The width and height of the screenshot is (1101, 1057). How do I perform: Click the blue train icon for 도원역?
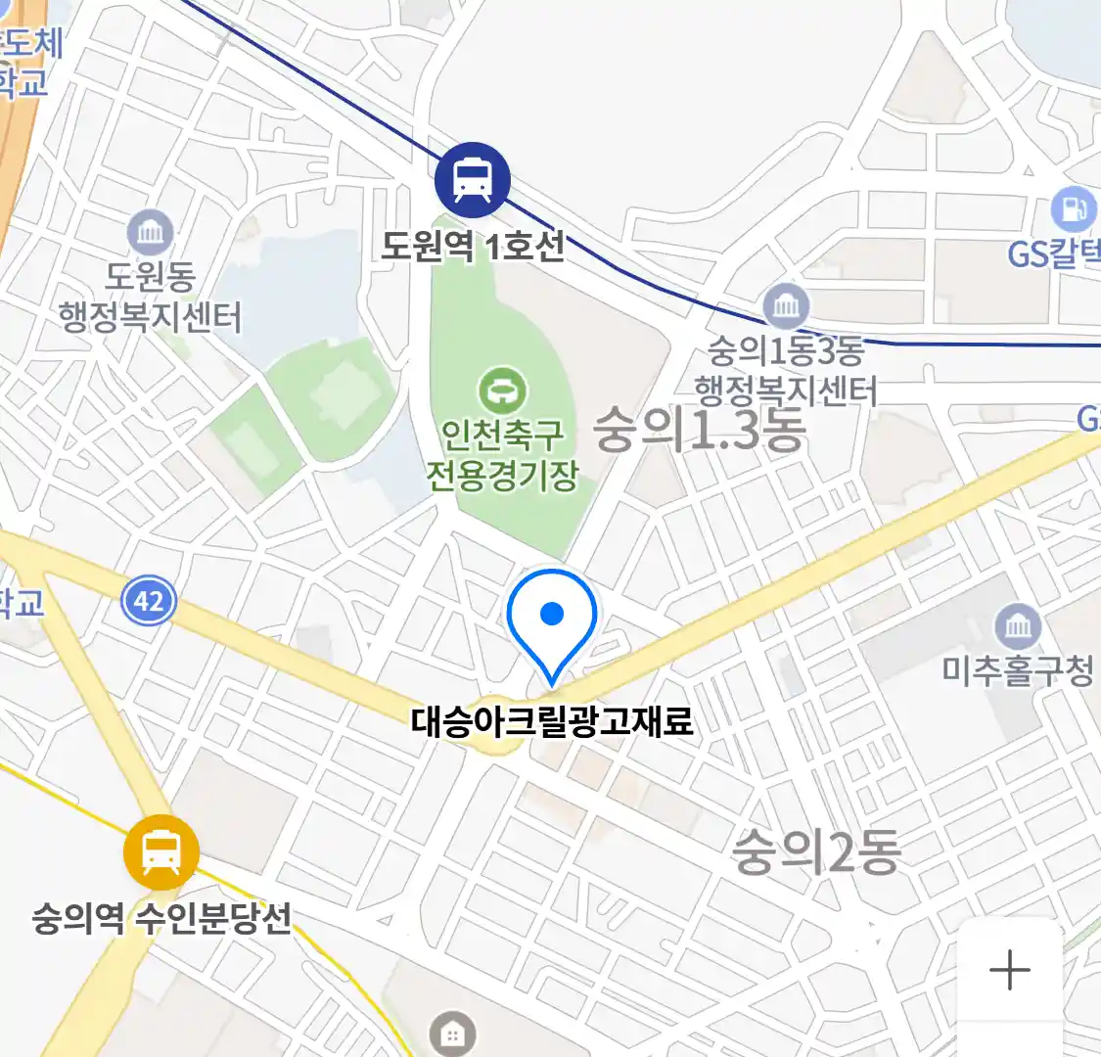tap(473, 180)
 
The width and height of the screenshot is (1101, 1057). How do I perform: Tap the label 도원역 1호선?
tap(473, 246)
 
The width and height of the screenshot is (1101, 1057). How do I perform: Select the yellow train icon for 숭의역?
tap(161, 853)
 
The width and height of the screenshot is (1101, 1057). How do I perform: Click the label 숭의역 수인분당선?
tap(161, 919)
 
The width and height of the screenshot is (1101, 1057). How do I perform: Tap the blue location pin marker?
tap(552, 622)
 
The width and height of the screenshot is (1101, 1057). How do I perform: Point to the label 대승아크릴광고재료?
tap(552, 721)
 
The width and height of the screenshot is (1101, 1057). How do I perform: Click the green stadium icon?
tap(502, 391)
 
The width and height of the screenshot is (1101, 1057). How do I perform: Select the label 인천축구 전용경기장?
tap(502, 454)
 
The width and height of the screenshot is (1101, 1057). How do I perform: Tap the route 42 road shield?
tap(149, 599)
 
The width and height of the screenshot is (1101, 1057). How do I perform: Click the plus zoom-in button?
tap(1010, 971)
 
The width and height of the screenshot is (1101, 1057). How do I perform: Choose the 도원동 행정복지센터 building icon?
tap(150, 234)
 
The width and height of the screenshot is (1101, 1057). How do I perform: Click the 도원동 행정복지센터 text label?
tap(150, 298)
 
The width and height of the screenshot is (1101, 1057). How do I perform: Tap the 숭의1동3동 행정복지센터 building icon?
tap(786, 306)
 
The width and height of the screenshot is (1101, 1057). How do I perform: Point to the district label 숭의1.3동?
tap(700, 430)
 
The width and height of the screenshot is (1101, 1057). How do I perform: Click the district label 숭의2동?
tap(816, 851)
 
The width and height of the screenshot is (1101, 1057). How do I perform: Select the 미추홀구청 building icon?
tap(1018, 625)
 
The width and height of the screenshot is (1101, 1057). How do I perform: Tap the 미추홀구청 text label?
tap(1018, 670)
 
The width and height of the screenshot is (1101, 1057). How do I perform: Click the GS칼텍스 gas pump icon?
tap(1074, 209)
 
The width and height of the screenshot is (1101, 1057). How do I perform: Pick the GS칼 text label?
tap(1055, 254)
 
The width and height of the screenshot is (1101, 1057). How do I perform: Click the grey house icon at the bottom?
tap(452, 1034)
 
